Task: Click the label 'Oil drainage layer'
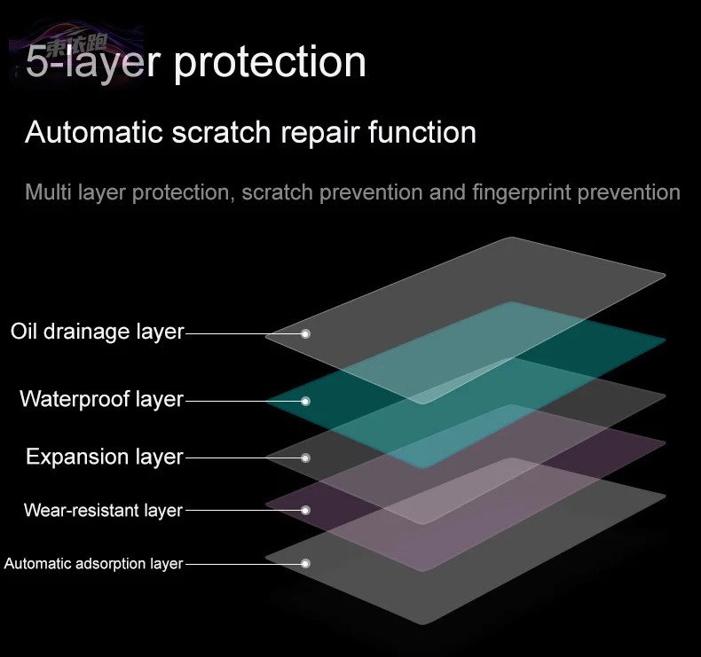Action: click(x=97, y=332)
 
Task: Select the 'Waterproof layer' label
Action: click(x=101, y=399)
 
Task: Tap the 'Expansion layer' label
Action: click(x=104, y=457)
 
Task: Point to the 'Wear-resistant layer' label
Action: click(x=103, y=510)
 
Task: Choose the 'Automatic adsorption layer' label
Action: click(x=93, y=563)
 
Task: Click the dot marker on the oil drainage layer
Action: click(x=305, y=334)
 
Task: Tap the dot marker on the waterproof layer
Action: click(x=305, y=401)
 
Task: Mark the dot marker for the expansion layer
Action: click(x=305, y=458)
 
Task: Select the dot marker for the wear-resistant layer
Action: click(x=305, y=511)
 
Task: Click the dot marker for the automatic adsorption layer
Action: click(x=305, y=563)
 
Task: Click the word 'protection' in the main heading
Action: click(x=270, y=62)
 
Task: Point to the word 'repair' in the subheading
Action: click(x=319, y=133)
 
